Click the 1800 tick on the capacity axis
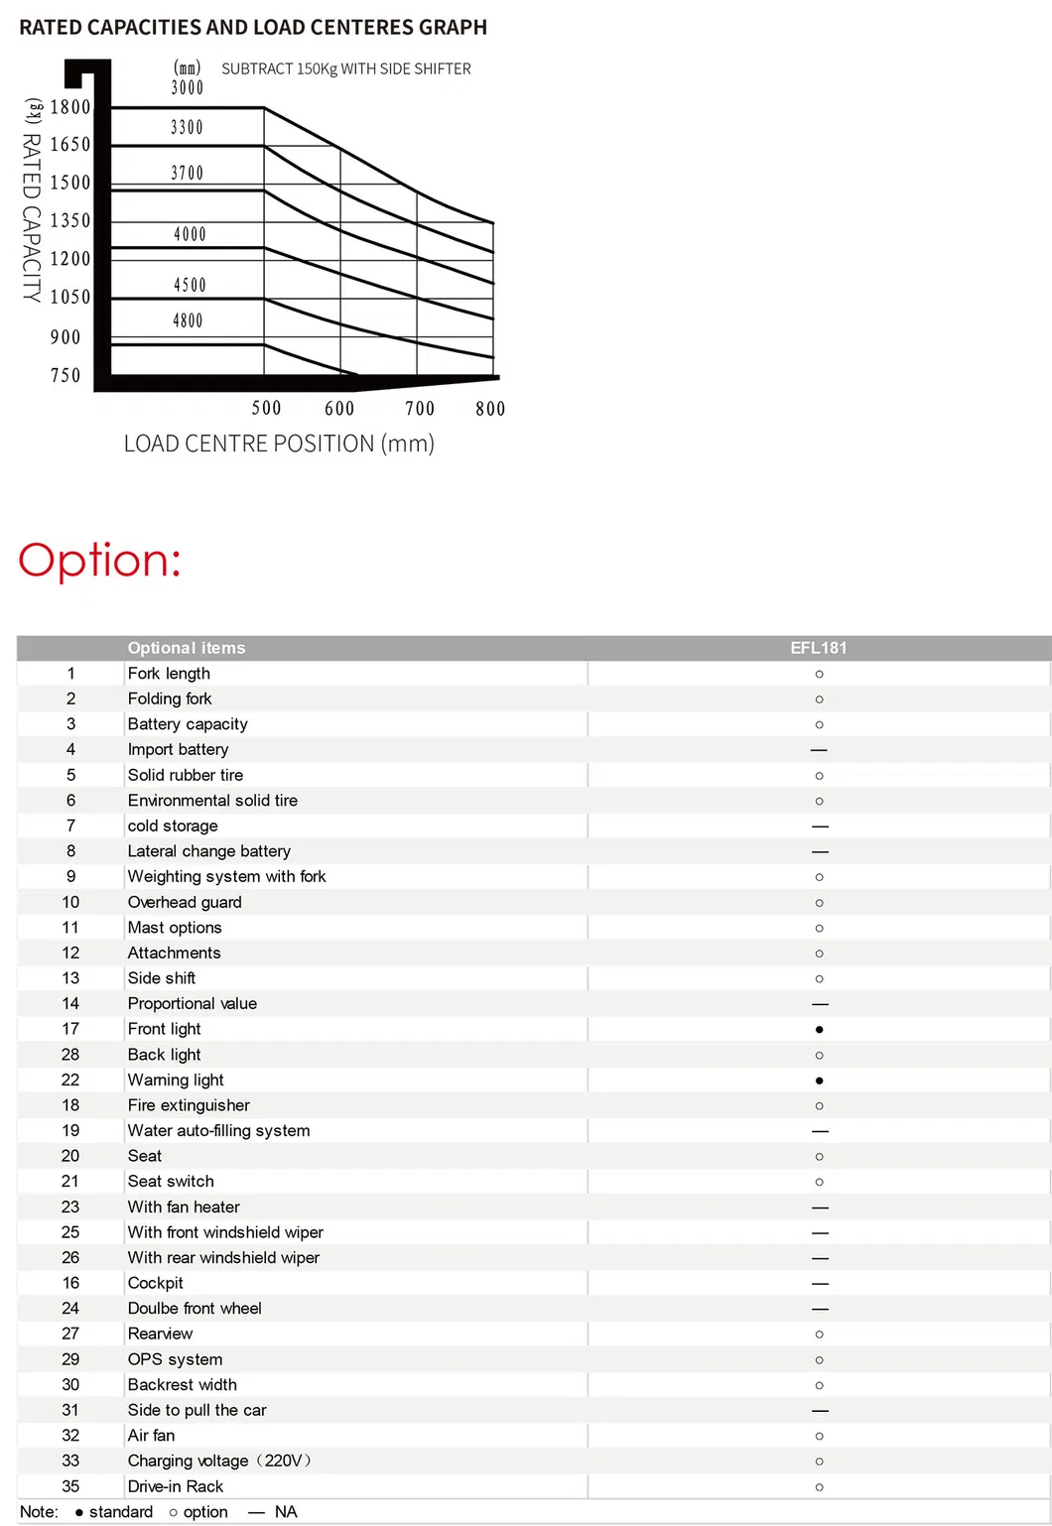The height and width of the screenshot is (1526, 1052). [x=70, y=107]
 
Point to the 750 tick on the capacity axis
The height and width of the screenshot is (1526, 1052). [x=66, y=375]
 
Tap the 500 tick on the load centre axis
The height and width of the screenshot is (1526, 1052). [x=266, y=408]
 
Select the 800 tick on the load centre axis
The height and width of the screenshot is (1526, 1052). [x=490, y=409]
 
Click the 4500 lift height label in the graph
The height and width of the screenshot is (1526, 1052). [x=190, y=285]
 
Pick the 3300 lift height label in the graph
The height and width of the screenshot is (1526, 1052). [x=187, y=127]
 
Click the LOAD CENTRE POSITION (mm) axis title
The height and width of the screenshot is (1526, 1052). [x=279, y=444]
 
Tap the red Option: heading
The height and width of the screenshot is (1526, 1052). [x=99, y=560]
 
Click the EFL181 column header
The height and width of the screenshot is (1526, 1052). [x=819, y=648]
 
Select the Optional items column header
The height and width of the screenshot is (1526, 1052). [x=187, y=648]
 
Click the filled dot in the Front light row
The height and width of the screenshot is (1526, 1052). [x=819, y=1030]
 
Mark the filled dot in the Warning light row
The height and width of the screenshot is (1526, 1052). [x=819, y=1081]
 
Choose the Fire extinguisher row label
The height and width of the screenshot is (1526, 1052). [x=189, y=1105]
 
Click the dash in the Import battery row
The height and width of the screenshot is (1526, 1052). [x=819, y=750]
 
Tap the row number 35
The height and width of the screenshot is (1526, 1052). [x=70, y=1486]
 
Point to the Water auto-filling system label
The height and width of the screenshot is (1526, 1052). [x=218, y=1130]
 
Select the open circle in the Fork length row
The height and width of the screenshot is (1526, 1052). [x=819, y=674]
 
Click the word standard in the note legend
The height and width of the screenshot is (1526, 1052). [x=121, y=1512]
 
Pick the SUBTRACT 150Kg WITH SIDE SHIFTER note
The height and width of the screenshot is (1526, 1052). [x=346, y=68]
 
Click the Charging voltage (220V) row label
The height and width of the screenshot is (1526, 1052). [x=219, y=1461]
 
